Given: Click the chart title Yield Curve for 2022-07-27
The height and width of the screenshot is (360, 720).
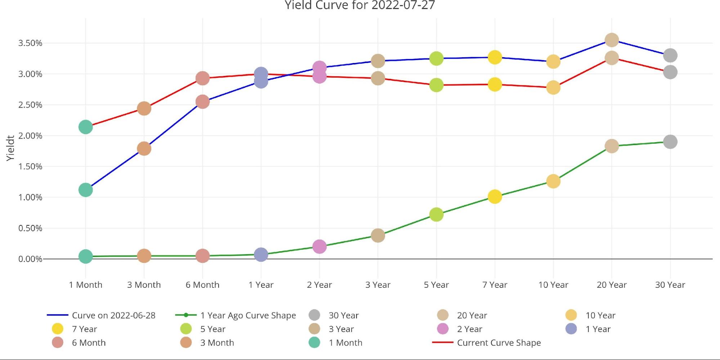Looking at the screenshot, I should pyautogui.click(x=360, y=5).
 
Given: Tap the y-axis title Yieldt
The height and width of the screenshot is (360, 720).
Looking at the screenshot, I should pyautogui.click(x=10, y=148).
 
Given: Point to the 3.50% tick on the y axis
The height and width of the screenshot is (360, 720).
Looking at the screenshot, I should pyautogui.click(x=30, y=43).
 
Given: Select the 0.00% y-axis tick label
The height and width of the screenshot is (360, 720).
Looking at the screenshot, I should pyautogui.click(x=30, y=259).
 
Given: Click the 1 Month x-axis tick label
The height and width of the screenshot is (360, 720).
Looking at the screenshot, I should pyautogui.click(x=86, y=285).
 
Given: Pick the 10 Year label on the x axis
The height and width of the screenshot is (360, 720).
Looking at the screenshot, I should pyautogui.click(x=553, y=285).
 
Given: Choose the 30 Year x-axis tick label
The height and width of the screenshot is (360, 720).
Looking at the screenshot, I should pyautogui.click(x=670, y=285).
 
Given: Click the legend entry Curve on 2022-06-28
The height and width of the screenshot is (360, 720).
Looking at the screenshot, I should pyautogui.click(x=113, y=315).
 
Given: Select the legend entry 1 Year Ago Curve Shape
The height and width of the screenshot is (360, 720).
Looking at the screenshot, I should pyautogui.click(x=248, y=315).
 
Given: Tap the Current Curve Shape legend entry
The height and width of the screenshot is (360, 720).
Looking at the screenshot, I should pyautogui.click(x=499, y=343).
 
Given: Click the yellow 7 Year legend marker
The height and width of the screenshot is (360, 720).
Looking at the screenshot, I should pyautogui.click(x=58, y=329).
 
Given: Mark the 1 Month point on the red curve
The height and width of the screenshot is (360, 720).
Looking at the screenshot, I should pyautogui.click(x=85, y=127).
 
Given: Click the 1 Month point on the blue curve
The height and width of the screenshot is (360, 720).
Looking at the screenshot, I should pyautogui.click(x=85, y=190).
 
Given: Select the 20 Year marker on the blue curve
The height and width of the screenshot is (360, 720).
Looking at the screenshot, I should pyautogui.click(x=612, y=40).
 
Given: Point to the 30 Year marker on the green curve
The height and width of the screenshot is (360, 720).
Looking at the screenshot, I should pyautogui.click(x=670, y=142).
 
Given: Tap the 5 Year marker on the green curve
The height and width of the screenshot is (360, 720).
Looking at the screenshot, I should pyautogui.click(x=436, y=215).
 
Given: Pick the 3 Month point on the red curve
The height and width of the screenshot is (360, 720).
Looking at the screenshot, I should pyautogui.click(x=144, y=108).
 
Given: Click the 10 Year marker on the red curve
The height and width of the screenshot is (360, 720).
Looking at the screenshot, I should pyautogui.click(x=553, y=87).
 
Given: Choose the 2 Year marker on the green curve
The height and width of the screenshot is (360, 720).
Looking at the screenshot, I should pyautogui.click(x=319, y=247).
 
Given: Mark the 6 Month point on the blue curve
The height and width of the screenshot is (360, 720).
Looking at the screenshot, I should pyautogui.click(x=202, y=102).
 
